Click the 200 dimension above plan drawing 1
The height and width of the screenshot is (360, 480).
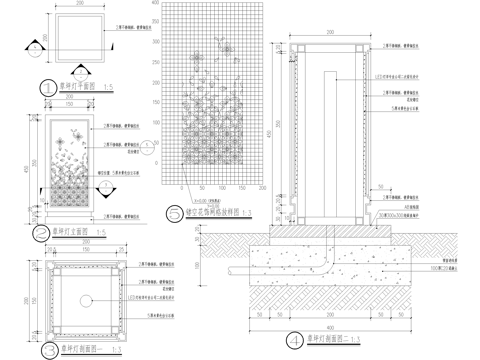tap(81, 6)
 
